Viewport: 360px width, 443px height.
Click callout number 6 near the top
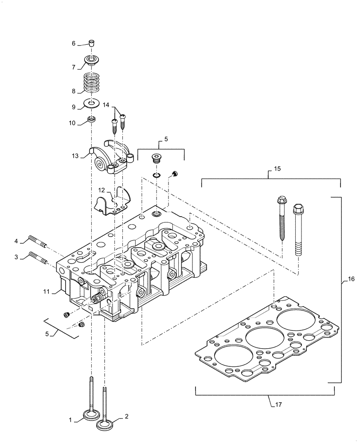pos(74,43)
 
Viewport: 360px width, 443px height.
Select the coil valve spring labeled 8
pos(91,82)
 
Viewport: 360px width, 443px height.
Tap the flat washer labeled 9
pos(92,104)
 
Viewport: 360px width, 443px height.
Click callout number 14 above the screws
pos(106,105)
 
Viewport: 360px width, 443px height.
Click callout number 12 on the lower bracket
pos(102,190)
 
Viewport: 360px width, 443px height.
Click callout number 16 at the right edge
pos(352,279)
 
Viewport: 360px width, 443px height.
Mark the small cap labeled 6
pos(91,43)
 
